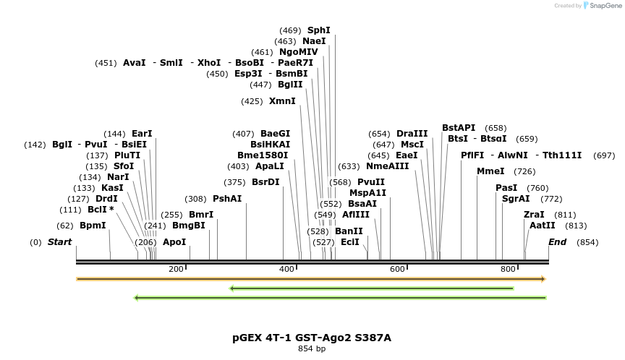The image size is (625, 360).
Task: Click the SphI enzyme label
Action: tap(318, 30)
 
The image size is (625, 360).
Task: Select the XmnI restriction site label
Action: tap(282, 101)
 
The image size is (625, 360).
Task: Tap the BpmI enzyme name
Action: tap(93, 226)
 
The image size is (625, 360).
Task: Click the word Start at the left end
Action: tap(59, 242)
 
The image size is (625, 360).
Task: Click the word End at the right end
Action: tap(557, 242)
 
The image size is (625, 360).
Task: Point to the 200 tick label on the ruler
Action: tap(176, 269)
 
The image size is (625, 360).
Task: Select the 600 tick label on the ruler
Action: tap(397, 269)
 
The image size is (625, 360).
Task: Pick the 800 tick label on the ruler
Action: tap(508, 269)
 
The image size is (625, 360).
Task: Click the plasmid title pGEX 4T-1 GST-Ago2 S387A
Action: tap(312, 338)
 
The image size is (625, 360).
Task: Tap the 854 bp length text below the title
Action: tap(312, 348)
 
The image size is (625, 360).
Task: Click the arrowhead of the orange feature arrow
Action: tap(543, 279)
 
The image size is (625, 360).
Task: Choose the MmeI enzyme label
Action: tap(490, 171)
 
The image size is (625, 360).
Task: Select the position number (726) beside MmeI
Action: tap(524, 171)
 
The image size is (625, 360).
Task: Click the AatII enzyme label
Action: tap(542, 226)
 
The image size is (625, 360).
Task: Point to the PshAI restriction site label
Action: tap(227, 199)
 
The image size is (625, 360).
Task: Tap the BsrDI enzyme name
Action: tap(265, 182)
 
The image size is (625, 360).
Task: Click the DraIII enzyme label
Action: tap(412, 134)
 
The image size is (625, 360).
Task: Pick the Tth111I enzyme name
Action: tap(562, 155)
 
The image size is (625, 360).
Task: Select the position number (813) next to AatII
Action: tap(577, 226)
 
